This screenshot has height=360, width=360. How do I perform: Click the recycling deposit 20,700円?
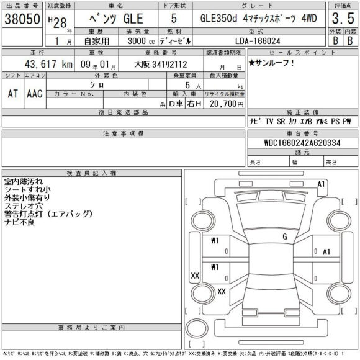pos(221,105)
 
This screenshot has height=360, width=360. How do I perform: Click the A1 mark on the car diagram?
pos(321,184)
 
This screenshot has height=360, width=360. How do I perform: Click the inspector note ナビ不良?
pos(19,222)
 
